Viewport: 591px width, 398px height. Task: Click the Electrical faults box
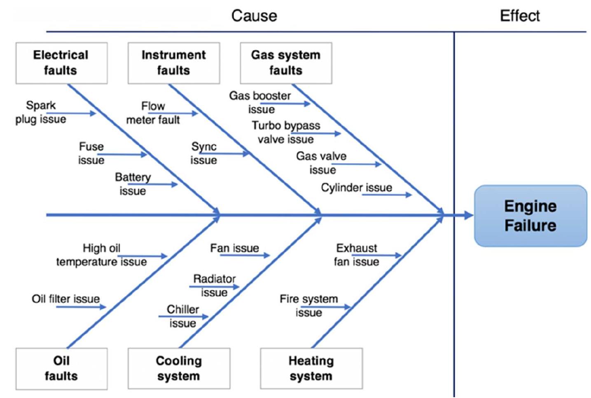pos(61,63)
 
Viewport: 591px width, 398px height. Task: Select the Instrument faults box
pos(173,63)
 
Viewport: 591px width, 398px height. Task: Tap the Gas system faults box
pos(286,63)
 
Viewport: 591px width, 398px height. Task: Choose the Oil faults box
pos(61,368)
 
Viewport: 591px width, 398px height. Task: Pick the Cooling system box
pos(179,368)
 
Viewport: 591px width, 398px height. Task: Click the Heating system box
pos(311,368)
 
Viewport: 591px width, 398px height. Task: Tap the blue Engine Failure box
pos(530,216)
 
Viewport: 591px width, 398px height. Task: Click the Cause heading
pos(254,16)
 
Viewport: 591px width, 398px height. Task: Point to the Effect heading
pos(519,16)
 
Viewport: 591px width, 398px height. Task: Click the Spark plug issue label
pos(40,112)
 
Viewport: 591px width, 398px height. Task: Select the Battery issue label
pos(133,184)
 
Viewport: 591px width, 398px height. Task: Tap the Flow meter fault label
pos(153,113)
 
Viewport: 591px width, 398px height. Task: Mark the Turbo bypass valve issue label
pos(286,132)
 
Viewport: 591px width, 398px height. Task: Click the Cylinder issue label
pos(356,187)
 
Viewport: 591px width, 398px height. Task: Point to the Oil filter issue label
pos(66,298)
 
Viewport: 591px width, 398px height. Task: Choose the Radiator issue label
pos(214,285)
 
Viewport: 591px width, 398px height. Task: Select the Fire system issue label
pos(308,305)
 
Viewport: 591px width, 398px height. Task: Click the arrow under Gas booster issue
pos(290,104)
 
